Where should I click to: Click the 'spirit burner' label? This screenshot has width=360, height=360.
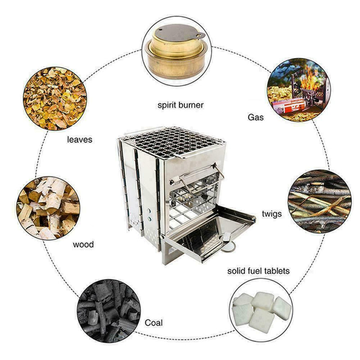pyautogui.click(x=180, y=105)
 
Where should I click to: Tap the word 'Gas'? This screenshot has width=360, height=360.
pyautogui.click(x=256, y=117)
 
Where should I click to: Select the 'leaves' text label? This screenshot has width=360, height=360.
pyautogui.click(x=80, y=139)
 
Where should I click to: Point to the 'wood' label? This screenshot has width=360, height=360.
pyautogui.click(x=83, y=245)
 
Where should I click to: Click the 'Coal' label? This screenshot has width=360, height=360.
pyautogui.click(x=154, y=323)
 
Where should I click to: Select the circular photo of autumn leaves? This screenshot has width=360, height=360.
pyautogui.click(x=54, y=98)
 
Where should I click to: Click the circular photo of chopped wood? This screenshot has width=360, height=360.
pyautogui.click(x=48, y=208)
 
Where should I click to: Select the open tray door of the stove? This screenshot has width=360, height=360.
pyautogui.click(x=209, y=229)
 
